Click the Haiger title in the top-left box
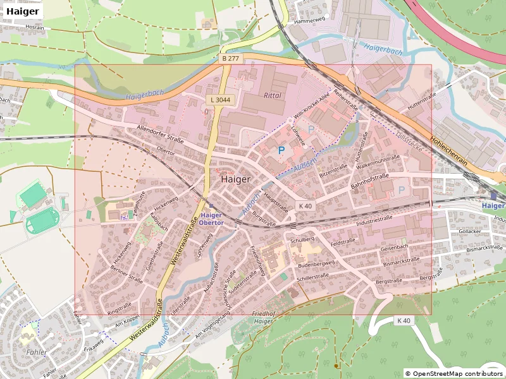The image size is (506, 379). pos(23,11)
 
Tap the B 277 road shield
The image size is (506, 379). pos(231,58)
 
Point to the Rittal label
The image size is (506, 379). pos(272,95)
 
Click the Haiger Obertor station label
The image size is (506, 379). pos(211,219)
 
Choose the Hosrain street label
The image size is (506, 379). pos(35,28)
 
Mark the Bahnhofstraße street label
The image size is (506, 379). pos(369,184)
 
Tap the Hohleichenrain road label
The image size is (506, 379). pos(448,152)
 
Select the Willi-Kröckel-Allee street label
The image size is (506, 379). pos(312,105)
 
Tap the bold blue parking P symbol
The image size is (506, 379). pos(281,151)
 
